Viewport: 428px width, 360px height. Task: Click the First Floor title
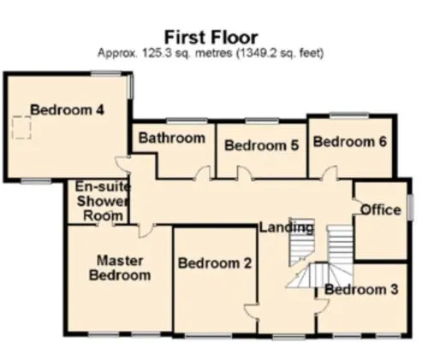tap(211, 38)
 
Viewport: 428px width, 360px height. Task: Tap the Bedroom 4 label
tap(68, 110)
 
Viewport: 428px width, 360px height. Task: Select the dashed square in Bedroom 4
tap(21, 127)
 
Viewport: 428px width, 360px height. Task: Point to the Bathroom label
tap(172, 139)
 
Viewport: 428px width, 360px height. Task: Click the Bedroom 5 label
tap(261, 145)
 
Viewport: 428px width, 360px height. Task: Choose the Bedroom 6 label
tap(350, 142)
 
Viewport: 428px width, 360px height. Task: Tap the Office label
tap(381, 210)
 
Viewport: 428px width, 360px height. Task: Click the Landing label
tap(286, 227)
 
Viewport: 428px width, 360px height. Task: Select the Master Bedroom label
tap(120, 268)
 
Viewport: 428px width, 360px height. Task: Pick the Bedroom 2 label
tap(215, 263)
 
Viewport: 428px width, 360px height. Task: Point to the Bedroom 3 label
tap(361, 290)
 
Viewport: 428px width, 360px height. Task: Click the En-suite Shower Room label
tap(101, 201)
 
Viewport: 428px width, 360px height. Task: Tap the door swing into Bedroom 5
tap(245, 174)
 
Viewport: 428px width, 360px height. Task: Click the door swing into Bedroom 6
tap(330, 173)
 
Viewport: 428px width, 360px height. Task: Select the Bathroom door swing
tap(204, 173)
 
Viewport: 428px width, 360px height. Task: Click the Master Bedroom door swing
tap(146, 231)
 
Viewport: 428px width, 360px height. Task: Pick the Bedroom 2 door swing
tap(251, 311)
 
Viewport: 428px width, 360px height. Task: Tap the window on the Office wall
tap(410, 207)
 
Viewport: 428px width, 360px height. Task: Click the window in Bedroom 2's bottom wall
tap(208, 336)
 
